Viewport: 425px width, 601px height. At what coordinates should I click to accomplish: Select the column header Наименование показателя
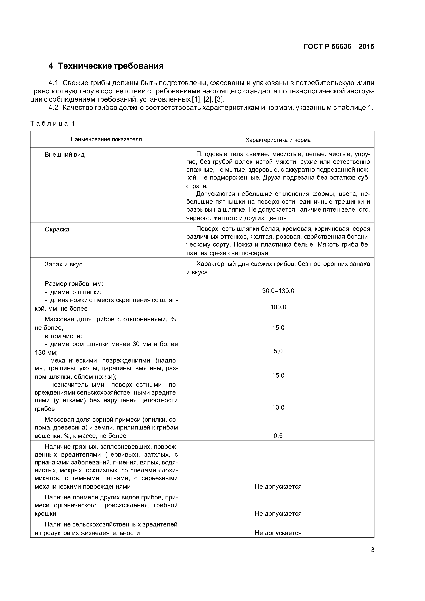(x=106, y=139)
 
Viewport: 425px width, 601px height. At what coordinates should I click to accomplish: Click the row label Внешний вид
(x=64, y=155)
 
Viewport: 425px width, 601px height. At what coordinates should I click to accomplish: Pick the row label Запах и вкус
(x=63, y=264)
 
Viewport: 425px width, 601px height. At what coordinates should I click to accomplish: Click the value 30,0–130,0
(x=278, y=291)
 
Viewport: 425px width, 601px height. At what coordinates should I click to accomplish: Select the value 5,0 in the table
(x=278, y=351)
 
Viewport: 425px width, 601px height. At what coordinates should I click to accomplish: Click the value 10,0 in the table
(x=278, y=408)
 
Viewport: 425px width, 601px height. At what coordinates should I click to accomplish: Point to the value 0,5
(x=278, y=436)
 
